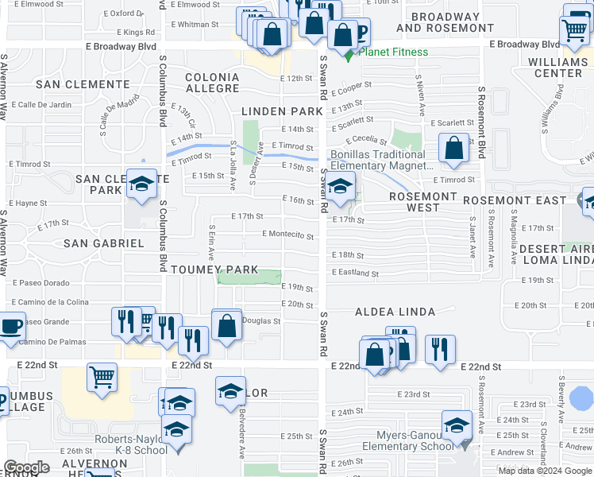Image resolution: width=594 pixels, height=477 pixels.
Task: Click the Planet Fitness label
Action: pos(393,52)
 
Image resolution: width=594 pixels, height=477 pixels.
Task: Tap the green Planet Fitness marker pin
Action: pos(348,53)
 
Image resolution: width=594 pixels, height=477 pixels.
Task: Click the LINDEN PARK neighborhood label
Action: pos(283,111)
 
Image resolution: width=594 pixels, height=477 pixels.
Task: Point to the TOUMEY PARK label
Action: pos(214,270)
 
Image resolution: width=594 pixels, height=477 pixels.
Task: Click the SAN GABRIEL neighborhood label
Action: pos(104,243)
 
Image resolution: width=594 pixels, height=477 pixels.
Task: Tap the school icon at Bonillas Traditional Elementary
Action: pos(340,188)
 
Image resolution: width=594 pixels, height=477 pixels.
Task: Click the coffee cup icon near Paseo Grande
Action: pos(10,327)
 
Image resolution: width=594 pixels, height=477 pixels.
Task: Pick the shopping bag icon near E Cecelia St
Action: pos(453,149)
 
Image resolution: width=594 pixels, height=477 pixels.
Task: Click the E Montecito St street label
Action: pos(288,235)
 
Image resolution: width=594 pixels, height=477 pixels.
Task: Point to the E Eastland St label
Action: pos(356,273)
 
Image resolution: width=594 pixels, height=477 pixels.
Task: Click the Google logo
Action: pos(27,467)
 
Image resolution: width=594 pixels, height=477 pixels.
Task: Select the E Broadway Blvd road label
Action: pos(525,45)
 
